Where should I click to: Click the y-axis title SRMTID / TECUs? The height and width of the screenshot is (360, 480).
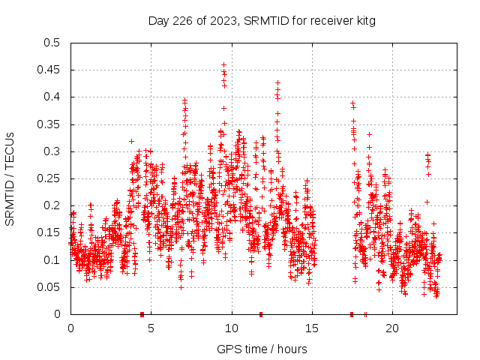[10, 178]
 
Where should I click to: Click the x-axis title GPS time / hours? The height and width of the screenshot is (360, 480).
[262, 349]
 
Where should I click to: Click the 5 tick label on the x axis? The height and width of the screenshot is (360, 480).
[151, 328]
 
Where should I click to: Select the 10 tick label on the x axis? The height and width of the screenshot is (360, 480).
[232, 328]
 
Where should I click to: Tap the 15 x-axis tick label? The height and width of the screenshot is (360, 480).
[312, 328]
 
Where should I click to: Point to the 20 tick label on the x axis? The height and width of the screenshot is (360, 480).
[392, 328]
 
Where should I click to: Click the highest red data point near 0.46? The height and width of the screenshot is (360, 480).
[223, 65]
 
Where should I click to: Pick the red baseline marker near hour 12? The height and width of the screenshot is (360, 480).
[261, 313]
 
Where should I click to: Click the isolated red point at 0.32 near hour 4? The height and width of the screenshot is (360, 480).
[131, 141]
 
